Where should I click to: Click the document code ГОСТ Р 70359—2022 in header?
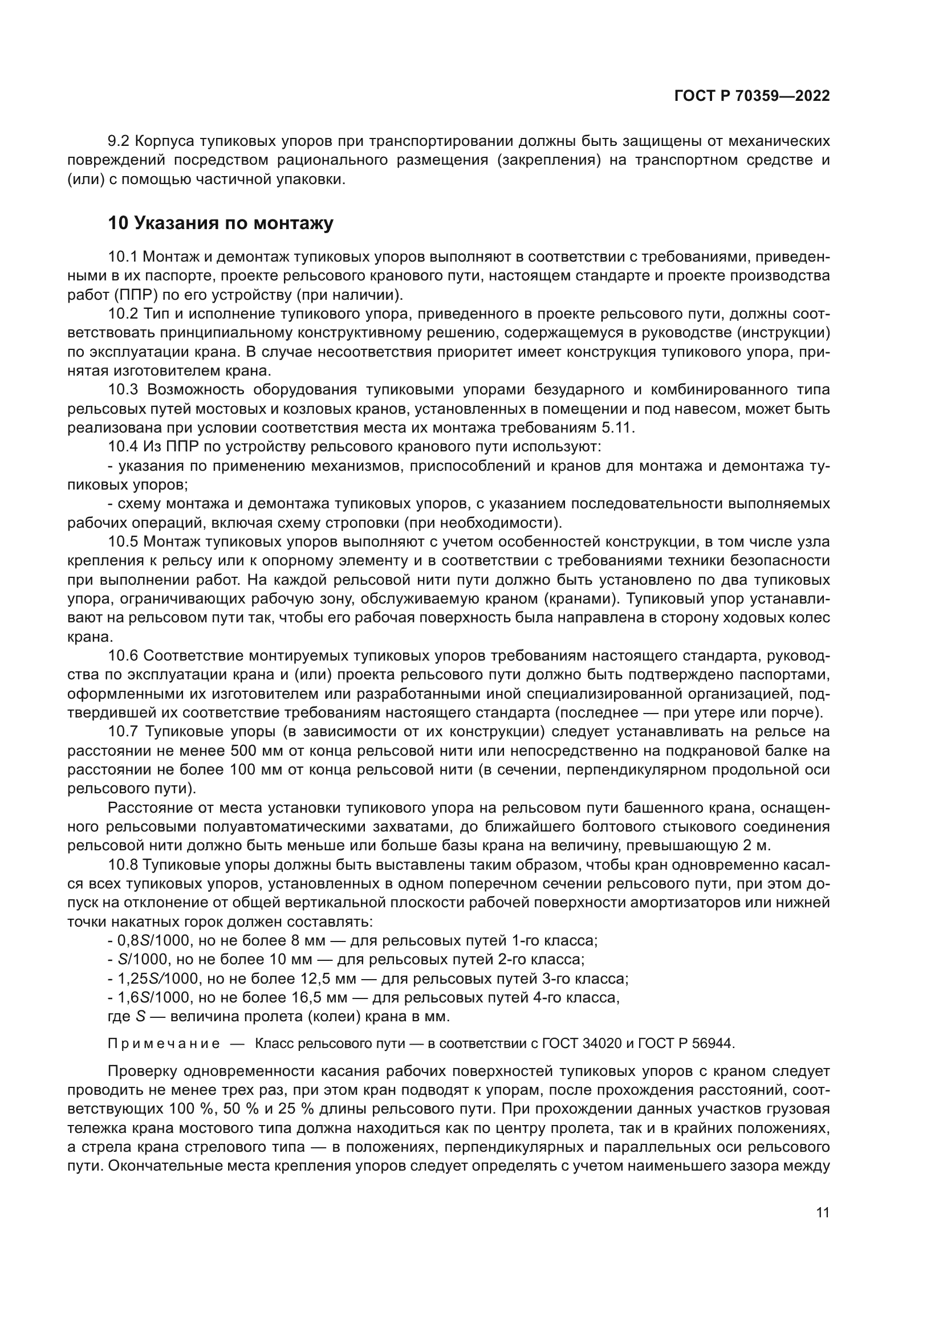click(x=752, y=96)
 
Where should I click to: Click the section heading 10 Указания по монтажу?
click(x=221, y=223)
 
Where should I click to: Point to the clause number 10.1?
click(x=123, y=256)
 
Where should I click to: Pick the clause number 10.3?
click(x=123, y=390)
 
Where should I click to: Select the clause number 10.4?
click(x=123, y=447)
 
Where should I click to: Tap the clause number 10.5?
click(x=123, y=542)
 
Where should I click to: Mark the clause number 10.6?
click(x=123, y=656)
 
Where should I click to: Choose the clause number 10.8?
click(x=123, y=865)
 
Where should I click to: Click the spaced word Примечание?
click(x=164, y=1044)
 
